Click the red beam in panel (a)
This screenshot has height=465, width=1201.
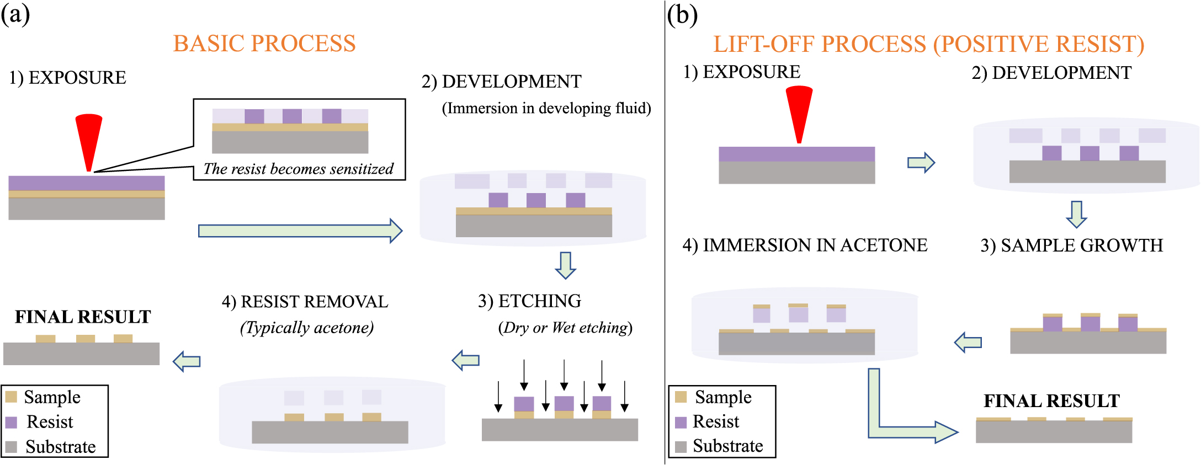[x=89, y=138]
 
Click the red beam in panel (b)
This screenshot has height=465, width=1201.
[x=799, y=110]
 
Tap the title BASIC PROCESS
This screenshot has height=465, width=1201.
[x=264, y=44]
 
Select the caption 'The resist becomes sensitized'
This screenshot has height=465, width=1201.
[x=299, y=169]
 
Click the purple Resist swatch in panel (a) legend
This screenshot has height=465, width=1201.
[x=11, y=422]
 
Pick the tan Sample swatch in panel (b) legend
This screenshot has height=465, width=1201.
[x=681, y=397]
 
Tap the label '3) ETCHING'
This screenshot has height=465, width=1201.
[x=529, y=301]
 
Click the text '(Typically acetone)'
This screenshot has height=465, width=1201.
[x=306, y=328]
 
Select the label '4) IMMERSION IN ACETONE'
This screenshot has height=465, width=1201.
[x=805, y=245]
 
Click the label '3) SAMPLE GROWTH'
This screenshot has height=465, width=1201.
[x=1071, y=245]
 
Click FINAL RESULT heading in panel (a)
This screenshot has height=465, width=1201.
[x=83, y=317]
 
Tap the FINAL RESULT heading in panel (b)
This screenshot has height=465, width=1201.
[x=1051, y=401]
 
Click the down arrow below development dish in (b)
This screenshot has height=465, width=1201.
[x=1076, y=214]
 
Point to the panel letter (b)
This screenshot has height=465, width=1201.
[x=682, y=15]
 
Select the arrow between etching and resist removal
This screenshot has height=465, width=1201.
[x=465, y=361]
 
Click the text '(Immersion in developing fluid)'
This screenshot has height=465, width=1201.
[x=546, y=108]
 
